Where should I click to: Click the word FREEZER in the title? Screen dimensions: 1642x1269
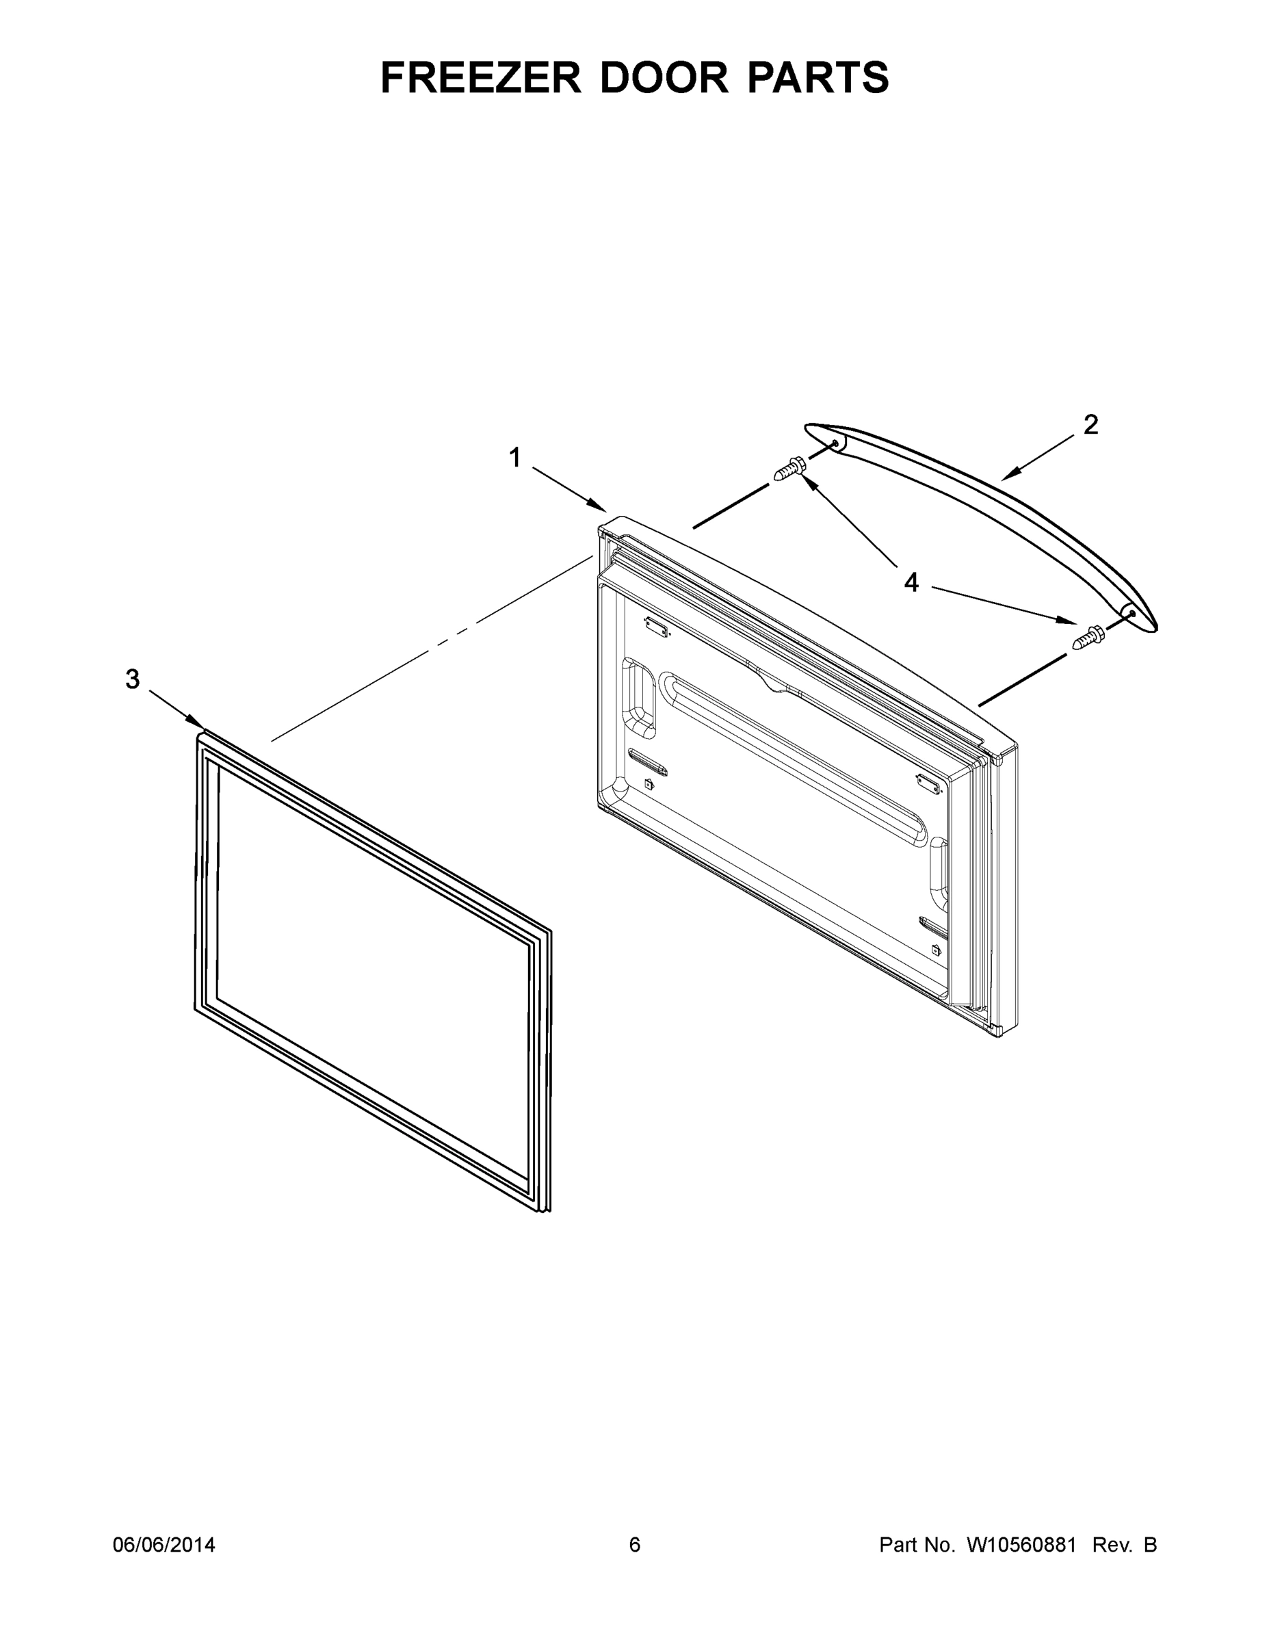(x=480, y=77)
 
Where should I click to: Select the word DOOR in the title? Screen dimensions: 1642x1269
(x=664, y=77)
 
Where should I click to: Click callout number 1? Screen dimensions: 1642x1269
(x=515, y=457)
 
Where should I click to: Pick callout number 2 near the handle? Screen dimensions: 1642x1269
(x=1090, y=426)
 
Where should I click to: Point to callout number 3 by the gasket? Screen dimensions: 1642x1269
(x=132, y=679)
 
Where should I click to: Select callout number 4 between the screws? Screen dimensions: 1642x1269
(x=911, y=582)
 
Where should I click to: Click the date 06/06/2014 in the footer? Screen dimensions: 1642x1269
(x=164, y=1544)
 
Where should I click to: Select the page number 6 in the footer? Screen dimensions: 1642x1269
(x=635, y=1544)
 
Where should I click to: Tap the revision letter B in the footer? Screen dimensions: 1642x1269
(x=1150, y=1544)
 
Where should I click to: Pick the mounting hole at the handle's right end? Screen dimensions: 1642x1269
(x=1132, y=614)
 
